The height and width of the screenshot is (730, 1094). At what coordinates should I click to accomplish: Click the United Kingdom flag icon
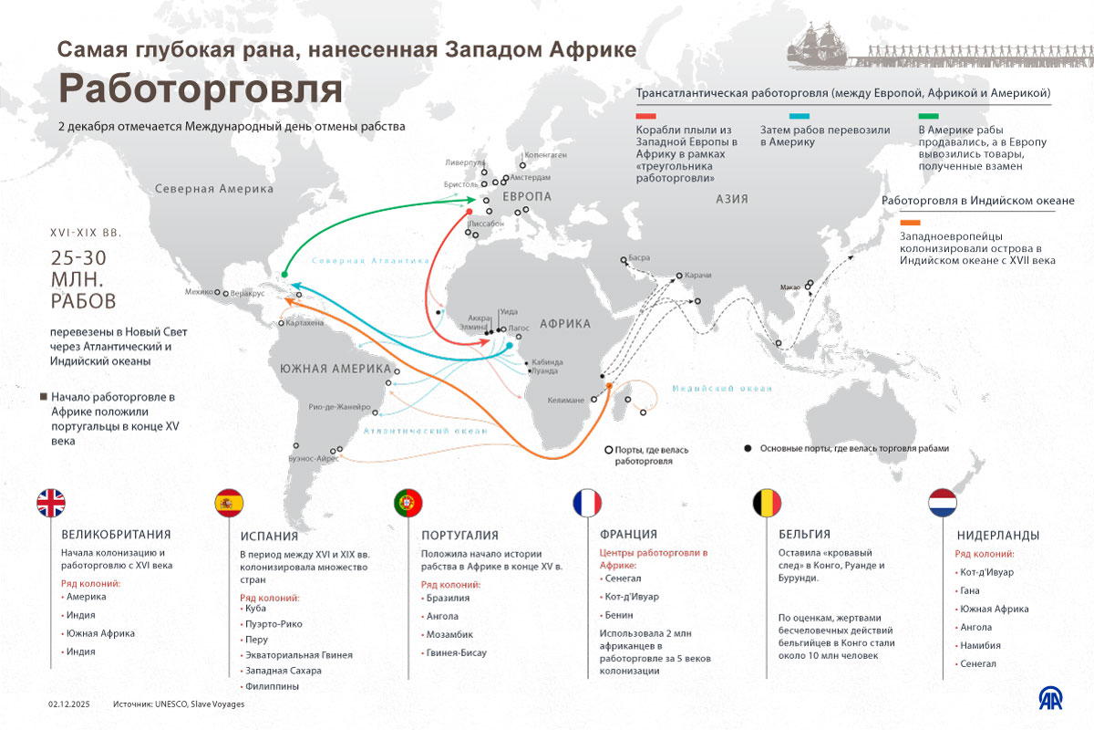tap(52, 504)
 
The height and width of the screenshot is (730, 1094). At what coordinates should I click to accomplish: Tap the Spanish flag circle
tap(229, 504)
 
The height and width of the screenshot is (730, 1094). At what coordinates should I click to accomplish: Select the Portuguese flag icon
tap(408, 504)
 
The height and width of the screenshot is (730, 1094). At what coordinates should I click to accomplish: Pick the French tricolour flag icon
tap(587, 504)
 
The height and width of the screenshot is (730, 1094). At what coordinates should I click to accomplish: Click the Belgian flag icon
tap(766, 504)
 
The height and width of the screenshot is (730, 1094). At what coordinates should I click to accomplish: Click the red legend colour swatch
tap(648, 116)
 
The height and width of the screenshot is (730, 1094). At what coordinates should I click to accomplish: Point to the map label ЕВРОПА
tap(527, 197)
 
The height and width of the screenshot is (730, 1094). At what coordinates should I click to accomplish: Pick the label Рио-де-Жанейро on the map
tap(340, 406)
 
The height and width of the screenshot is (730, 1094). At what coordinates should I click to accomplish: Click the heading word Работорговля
tap(201, 89)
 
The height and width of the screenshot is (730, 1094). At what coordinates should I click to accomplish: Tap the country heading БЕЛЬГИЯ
tap(805, 535)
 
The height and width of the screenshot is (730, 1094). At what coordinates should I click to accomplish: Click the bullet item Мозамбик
tap(450, 634)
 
